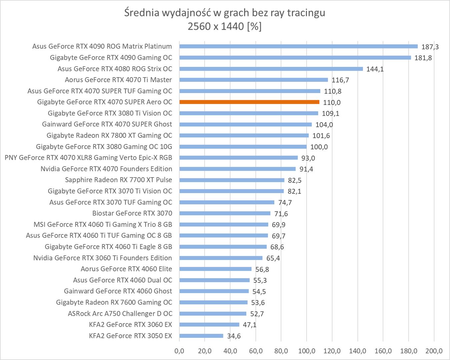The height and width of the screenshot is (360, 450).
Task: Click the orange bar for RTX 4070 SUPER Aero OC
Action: tap(249, 102)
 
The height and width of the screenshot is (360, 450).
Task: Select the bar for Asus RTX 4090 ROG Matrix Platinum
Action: tap(298, 46)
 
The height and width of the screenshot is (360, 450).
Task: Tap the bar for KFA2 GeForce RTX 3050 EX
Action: tap(201, 336)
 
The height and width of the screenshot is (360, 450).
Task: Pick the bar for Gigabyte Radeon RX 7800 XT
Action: tap(244, 136)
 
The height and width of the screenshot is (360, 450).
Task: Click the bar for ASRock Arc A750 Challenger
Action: tap(213, 314)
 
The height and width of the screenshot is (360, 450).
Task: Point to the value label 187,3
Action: tap(430, 47)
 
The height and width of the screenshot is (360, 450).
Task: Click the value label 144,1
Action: tap(375, 69)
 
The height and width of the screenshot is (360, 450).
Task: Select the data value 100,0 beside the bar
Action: tap(319, 147)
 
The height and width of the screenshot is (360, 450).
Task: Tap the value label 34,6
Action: tap(234, 336)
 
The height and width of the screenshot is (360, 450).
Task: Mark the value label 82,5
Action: tap(295, 180)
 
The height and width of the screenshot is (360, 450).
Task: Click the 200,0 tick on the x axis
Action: tap(434, 351)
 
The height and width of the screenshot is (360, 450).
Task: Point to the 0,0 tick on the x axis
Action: tap(179, 351)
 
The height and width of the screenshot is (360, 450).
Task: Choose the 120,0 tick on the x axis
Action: tap(332, 351)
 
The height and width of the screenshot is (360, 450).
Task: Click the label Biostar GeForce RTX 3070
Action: tap(132, 213)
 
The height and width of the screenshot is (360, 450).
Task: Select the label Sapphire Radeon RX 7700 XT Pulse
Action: tap(119, 180)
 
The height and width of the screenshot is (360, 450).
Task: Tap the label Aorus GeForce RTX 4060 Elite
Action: tap(126, 269)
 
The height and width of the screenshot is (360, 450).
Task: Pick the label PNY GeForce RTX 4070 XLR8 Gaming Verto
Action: tap(88, 158)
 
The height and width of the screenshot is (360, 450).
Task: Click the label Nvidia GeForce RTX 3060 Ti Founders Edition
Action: tap(103, 258)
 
